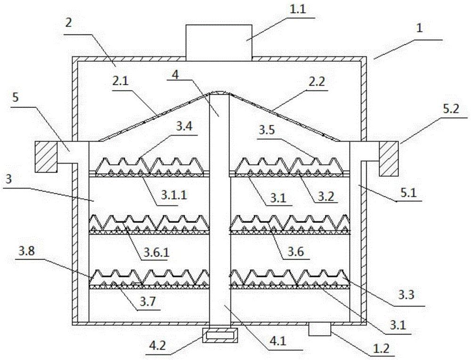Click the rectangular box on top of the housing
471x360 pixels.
(219, 42)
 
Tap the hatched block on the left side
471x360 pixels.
(46, 156)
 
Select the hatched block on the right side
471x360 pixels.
(390, 158)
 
